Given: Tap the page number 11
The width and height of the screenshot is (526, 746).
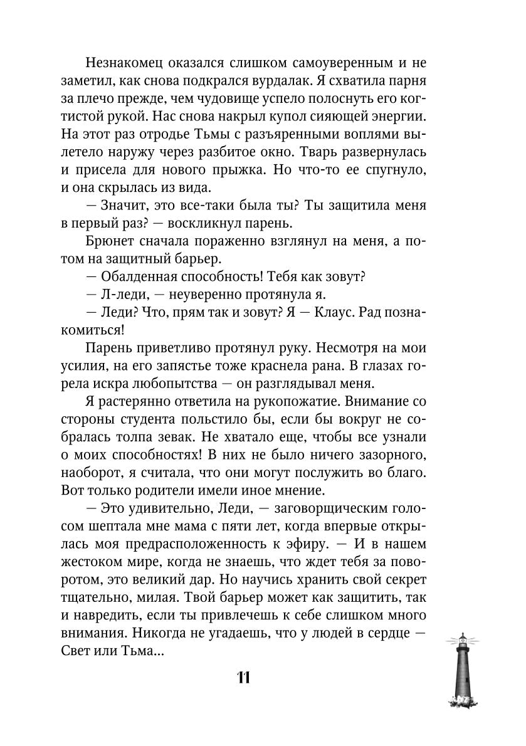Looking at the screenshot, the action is (x=244, y=678).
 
